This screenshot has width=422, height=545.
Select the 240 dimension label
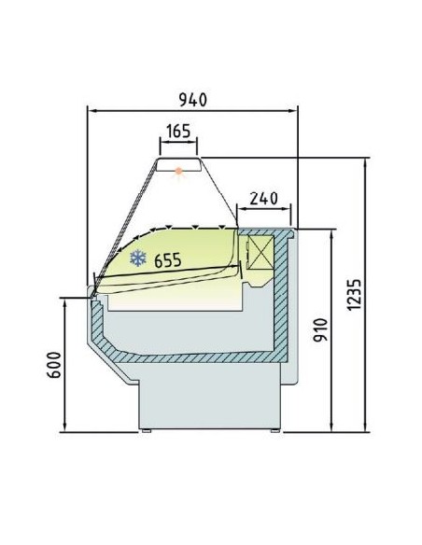coord(265,198)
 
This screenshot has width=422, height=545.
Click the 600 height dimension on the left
coord(54,365)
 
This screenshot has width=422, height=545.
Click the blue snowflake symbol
coord(138,259)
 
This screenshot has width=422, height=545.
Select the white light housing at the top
coord(179,165)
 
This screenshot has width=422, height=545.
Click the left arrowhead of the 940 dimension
coord(91,109)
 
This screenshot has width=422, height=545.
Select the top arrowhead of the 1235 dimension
coord(363,161)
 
